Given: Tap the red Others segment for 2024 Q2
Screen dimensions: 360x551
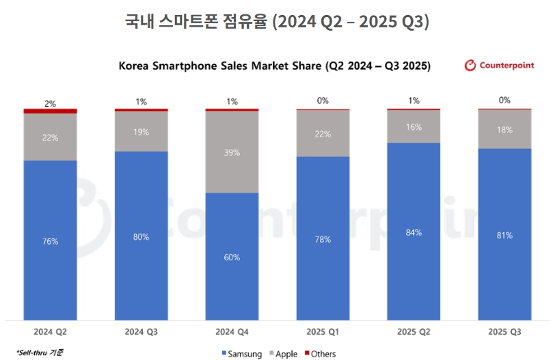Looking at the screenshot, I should point(50,111).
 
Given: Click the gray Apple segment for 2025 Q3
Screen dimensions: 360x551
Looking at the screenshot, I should point(505,129).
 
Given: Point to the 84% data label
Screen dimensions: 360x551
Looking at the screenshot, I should point(414,232).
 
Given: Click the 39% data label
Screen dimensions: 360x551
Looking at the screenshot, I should point(232,152).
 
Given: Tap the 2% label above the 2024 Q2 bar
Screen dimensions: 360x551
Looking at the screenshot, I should point(50,102).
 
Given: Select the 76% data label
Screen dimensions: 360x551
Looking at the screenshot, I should point(50,241).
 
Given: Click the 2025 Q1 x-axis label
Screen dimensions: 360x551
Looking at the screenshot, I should point(323,332).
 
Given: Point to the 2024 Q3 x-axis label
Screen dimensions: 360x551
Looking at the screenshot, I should point(141,332).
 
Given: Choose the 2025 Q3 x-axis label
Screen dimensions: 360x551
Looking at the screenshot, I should point(505,332).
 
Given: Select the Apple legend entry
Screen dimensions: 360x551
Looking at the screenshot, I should point(284,353).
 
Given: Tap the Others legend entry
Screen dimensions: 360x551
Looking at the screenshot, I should point(319,353).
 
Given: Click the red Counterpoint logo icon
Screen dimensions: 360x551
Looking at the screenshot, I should point(470,66).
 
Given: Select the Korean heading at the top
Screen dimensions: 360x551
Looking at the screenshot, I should point(276,22).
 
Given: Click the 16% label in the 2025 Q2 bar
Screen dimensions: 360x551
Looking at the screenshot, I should point(414,127).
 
